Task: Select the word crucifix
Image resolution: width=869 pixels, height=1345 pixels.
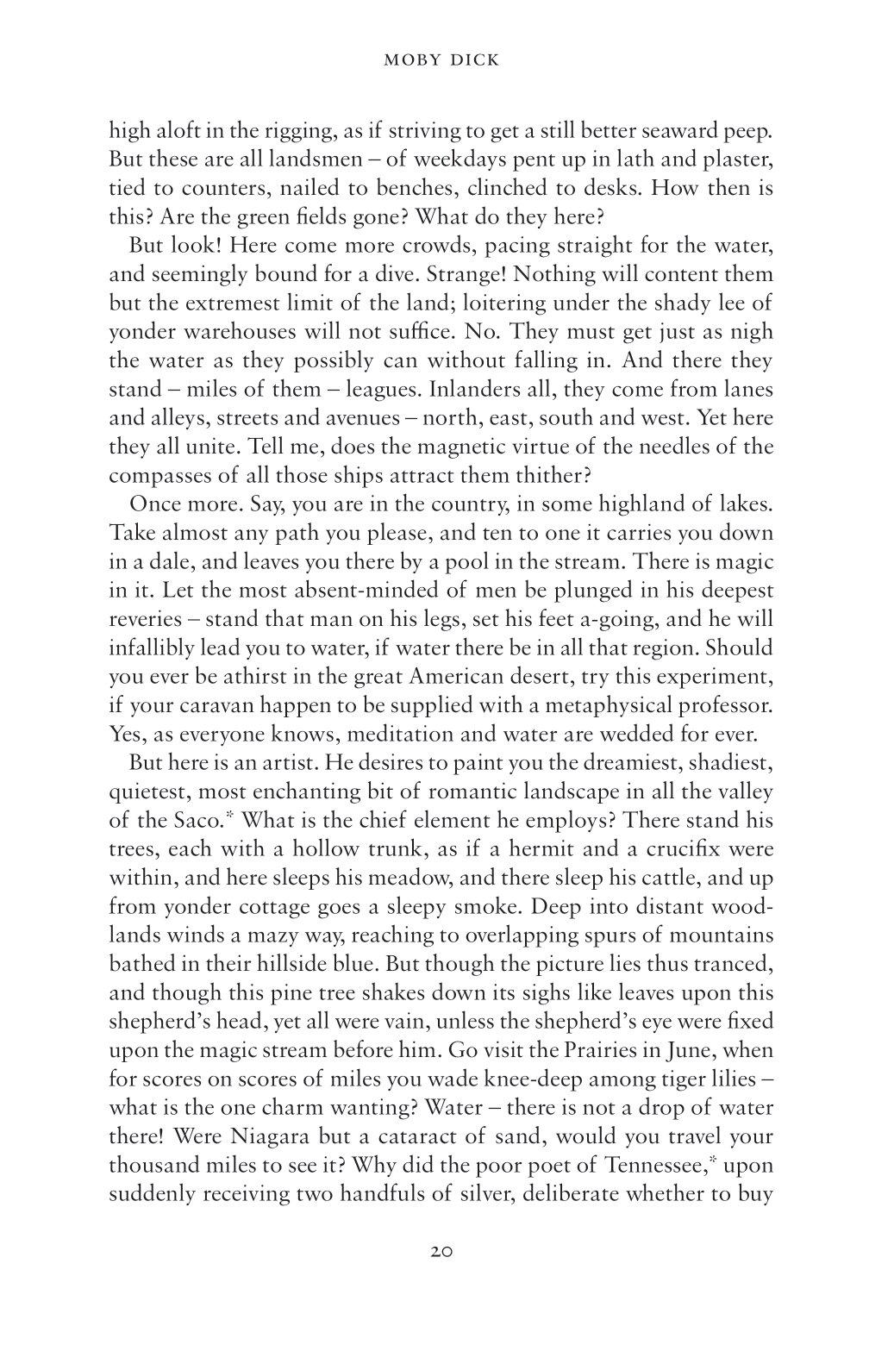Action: [683, 849]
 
